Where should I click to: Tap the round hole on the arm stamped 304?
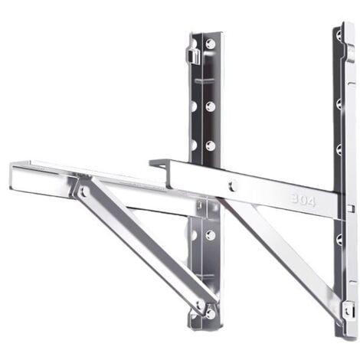(232, 184)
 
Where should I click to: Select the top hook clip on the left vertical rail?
(195, 54)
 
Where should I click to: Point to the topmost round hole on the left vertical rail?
(209, 44)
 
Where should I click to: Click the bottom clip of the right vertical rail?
(348, 310)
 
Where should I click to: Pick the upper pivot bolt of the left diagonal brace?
(82, 191)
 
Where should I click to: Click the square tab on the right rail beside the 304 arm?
(350, 208)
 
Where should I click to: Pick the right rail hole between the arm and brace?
(339, 239)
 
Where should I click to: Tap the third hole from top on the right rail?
(339, 149)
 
